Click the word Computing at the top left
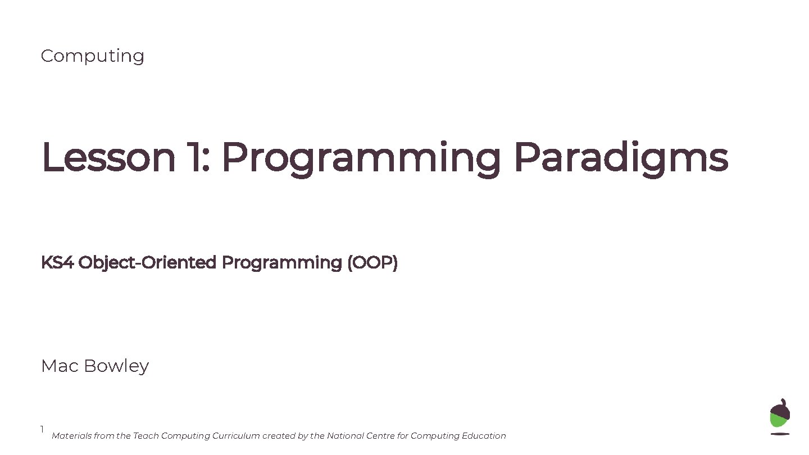(92, 56)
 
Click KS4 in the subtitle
(57, 262)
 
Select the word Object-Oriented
(147, 263)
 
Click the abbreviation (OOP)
(372, 263)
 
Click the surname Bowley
(116, 366)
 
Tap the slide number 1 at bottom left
(42, 430)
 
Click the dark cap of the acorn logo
(780, 408)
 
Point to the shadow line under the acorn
(780, 434)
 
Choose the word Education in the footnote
(484, 436)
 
